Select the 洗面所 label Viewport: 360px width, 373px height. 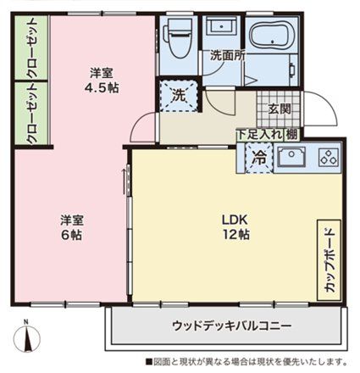[228, 56]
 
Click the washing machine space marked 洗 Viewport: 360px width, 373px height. [179, 95]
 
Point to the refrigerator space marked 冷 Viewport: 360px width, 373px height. [259, 159]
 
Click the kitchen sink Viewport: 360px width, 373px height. [292, 156]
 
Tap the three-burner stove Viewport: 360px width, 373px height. [329, 157]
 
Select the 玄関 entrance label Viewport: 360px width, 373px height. [280, 109]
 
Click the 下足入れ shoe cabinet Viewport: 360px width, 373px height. [260, 135]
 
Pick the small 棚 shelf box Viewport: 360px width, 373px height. [291, 135]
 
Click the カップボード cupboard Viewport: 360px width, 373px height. [329, 260]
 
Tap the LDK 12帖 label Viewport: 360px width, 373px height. [235, 226]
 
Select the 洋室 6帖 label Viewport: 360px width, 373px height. [72, 227]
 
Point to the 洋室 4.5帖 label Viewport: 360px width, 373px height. [102, 81]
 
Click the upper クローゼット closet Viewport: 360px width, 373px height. [31, 47]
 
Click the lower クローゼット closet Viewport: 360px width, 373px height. [31, 114]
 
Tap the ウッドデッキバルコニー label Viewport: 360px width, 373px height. [231, 326]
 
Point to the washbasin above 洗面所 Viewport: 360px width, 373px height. [221, 26]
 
